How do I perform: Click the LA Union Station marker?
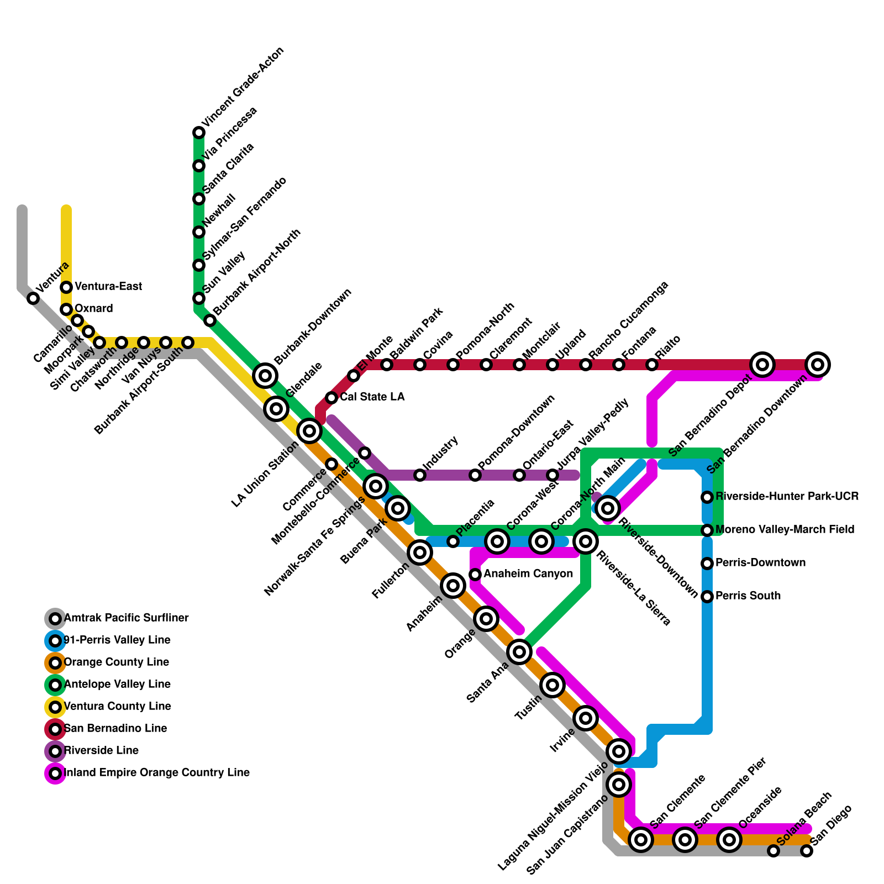point(309,430)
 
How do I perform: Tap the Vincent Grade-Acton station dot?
point(199,133)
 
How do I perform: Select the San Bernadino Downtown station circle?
point(818,365)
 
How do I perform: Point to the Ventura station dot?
point(33,298)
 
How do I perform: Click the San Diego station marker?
point(807,851)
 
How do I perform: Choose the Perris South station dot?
point(707,597)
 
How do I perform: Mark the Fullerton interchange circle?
point(420,552)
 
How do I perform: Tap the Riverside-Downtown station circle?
point(608,508)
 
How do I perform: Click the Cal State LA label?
point(372,397)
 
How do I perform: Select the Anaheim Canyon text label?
point(528,574)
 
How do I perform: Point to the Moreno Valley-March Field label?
point(785,530)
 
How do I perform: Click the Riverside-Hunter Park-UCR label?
point(787,497)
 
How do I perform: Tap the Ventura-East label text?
point(108,287)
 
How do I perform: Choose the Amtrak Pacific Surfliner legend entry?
point(126,618)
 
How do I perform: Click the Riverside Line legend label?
point(101,751)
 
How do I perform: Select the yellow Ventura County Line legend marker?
point(55,707)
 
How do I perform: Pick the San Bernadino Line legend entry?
point(115,729)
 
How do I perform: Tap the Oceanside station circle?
point(729,840)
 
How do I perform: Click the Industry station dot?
point(420,475)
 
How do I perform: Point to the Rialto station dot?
point(652,365)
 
